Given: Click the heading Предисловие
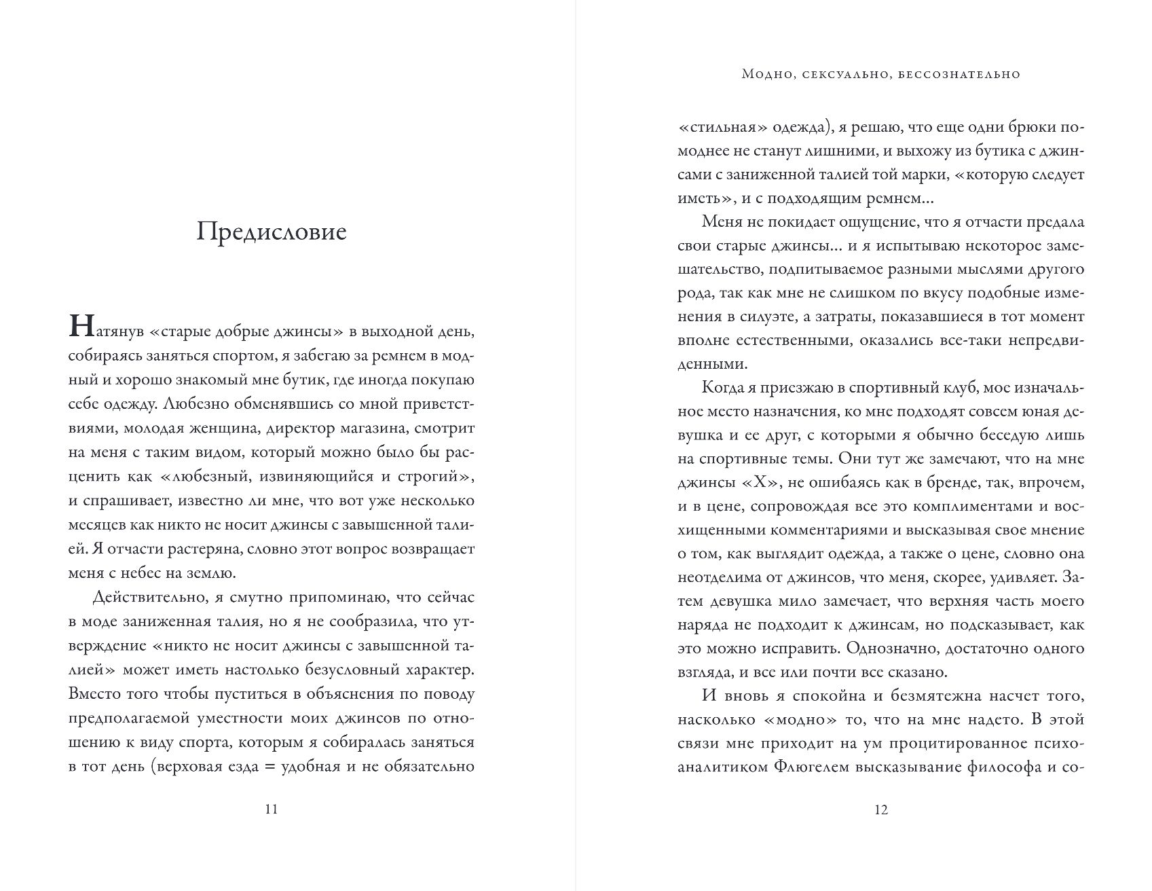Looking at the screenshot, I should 272,232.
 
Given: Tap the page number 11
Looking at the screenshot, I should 271,810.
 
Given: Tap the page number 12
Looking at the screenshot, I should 881,810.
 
